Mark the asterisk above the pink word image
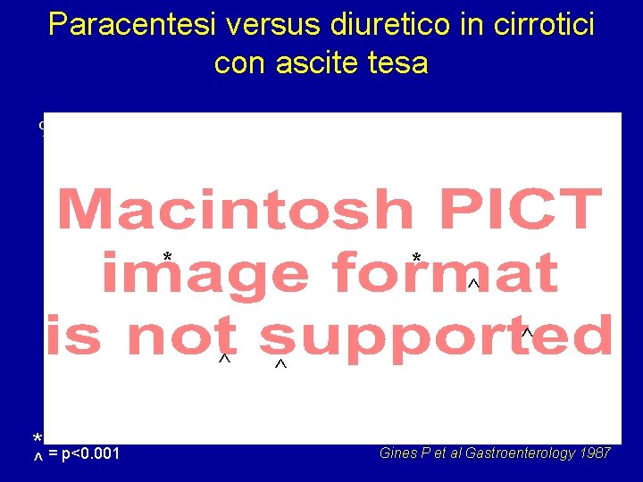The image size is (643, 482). (167, 258)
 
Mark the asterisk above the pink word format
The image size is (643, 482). (416, 259)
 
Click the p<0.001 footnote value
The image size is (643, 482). (92, 455)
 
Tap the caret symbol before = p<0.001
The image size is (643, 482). (38, 457)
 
